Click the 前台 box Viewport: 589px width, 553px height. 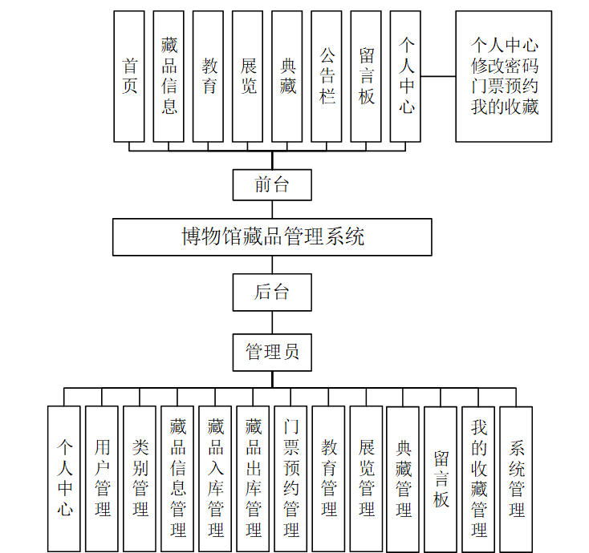point(272,184)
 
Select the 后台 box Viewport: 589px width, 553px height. point(272,292)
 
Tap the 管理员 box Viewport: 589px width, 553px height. point(272,352)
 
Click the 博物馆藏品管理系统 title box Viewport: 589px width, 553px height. point(272,237)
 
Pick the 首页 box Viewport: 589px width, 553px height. point(130,76)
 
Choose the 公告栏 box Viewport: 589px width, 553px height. point(327,76)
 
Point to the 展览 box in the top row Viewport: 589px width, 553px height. point(249,76)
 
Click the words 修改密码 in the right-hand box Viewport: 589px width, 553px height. point(504,66)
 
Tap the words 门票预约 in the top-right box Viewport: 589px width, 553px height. point(504,86)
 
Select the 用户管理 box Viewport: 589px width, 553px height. point(102,478)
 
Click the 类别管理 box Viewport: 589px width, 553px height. point(140,478)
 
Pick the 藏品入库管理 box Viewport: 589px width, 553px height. point(215,478)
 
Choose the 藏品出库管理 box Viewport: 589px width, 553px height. point(253,478)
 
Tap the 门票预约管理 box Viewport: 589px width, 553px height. point(290,478)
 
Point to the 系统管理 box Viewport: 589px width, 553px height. point(516,478)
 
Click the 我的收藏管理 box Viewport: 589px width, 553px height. point(478,478)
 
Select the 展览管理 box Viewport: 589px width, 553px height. point(366,478)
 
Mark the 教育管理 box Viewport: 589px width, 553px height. point(328,478)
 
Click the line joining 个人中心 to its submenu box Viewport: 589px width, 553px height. point(439,77)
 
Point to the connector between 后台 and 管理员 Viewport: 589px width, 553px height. point(272,322)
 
